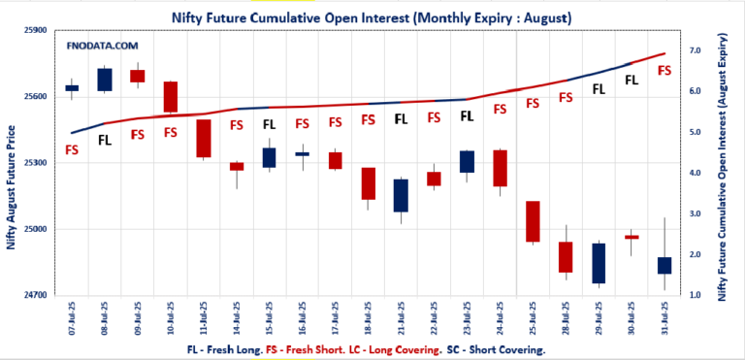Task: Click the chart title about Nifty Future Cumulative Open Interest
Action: (x=372, y=17)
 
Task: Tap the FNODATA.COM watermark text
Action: (x=103, y=46)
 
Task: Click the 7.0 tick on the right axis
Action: (x=695, y=49)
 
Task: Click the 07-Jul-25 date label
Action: (x=73, y=317)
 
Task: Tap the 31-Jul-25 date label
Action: (x=664, y=317)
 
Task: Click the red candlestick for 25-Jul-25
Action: (x=533, y=221)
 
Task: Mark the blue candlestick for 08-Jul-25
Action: (x=105, y=80)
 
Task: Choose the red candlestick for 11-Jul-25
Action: (x=204, y=138)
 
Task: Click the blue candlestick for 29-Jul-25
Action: (x=599, y=263)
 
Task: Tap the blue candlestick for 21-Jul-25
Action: (x=401, y=195)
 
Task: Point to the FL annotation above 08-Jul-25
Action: (x=105, y=140)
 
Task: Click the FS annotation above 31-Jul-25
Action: (x=664, y=70)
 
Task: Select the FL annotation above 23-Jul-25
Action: (x=467, y=115)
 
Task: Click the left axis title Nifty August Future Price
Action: (x=12, y=186)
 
